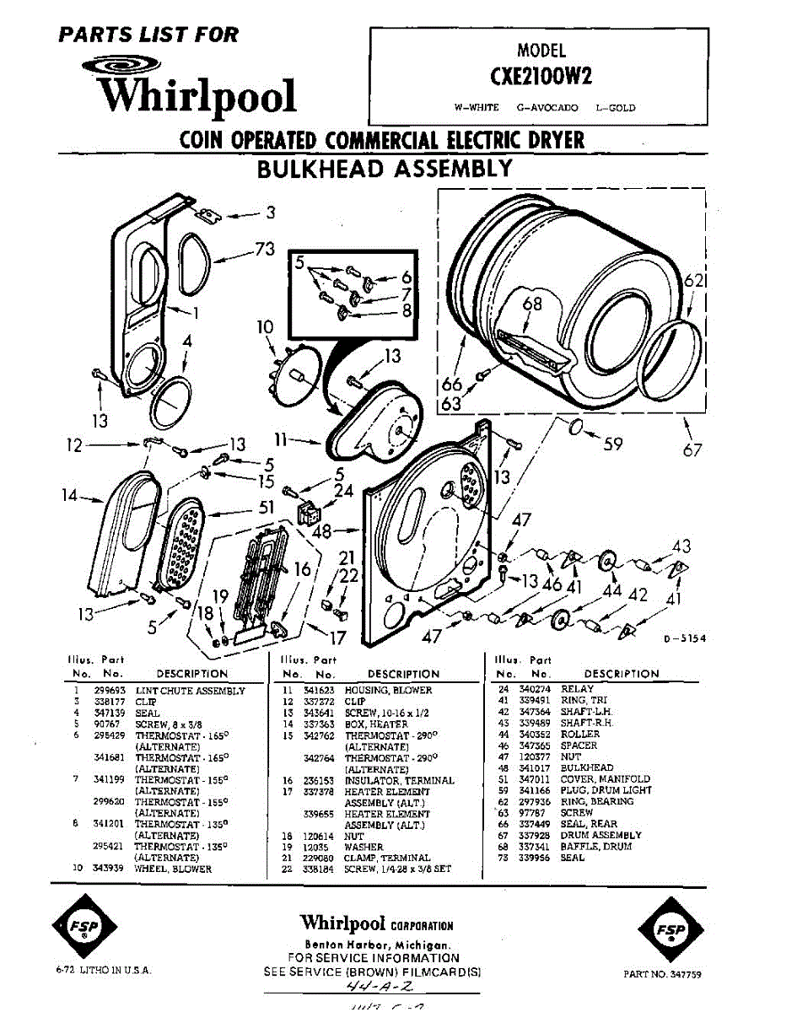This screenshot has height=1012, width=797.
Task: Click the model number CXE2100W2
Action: tap(540, 76)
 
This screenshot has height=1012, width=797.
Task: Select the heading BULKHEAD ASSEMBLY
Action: tap(384, 169)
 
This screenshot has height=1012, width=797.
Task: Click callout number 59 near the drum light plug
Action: tap(613, 444)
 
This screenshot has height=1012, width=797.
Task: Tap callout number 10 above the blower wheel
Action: tap(266, 328)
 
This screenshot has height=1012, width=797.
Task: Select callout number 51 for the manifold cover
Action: tap(267, 508)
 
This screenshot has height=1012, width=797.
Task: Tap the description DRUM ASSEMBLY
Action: tap(601, 835)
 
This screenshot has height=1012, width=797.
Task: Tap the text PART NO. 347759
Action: tap(662, 974)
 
